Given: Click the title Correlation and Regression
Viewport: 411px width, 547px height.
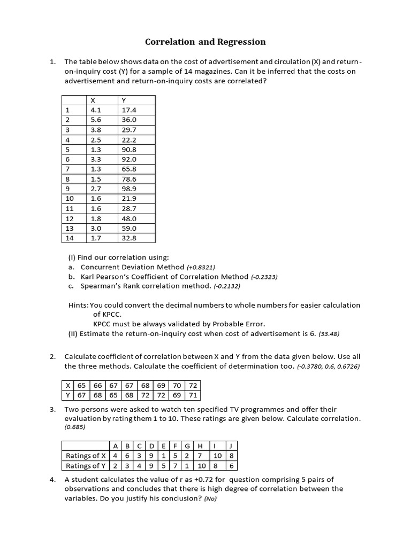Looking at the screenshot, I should point(205,42).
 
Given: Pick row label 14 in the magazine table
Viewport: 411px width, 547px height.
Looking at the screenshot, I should point(70,238).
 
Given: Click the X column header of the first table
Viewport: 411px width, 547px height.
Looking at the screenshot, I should point(93,100).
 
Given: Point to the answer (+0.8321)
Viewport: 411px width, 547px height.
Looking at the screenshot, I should point(201,267).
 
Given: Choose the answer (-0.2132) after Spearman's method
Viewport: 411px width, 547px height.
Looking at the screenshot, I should point(227,287).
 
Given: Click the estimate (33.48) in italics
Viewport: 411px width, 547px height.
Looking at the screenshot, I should point(329,334).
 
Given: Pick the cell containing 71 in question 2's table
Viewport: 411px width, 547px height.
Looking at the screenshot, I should point(193,395).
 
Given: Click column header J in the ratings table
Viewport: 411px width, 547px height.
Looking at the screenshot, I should point(230,446).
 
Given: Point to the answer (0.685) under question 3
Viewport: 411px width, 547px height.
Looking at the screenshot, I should point(75,428).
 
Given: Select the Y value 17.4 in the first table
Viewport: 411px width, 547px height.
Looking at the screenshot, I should point(130,111).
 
